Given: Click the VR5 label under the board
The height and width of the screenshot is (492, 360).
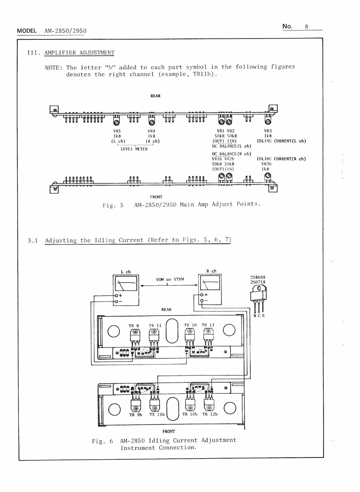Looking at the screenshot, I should tap(117, 131).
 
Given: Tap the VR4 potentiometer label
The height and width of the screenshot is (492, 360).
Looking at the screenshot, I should tap(151, 131).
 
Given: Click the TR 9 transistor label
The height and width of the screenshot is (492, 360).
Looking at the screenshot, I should tap(134, 326).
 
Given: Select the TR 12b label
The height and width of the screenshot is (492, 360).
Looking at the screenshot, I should tap(210, 414).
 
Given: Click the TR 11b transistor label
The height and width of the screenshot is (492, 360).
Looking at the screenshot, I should tap(157, 414).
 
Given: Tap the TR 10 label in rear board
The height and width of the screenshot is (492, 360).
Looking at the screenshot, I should tap(190, 325).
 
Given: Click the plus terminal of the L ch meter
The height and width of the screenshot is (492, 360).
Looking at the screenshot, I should tap(116, 295).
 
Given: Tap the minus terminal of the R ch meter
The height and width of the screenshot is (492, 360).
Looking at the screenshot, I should tap(201, 300).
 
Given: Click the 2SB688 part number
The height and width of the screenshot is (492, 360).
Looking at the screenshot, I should tap(258, 277).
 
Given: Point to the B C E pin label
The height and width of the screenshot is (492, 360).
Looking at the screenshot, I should tap(259, 316).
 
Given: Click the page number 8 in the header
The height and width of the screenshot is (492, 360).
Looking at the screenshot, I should tap(306, 27).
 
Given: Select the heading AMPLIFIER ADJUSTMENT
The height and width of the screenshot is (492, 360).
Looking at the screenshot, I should tap(79, 53).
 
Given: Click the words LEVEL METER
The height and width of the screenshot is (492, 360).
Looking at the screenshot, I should tap(134, 149).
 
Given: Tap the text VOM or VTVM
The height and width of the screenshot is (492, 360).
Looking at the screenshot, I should tap(170, 279).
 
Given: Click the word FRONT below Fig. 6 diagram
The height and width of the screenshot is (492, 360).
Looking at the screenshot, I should tap(169, 431).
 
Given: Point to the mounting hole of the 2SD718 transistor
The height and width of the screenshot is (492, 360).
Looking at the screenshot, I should tap(259, 288).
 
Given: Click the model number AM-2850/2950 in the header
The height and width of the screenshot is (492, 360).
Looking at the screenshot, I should tap(65, 31).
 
